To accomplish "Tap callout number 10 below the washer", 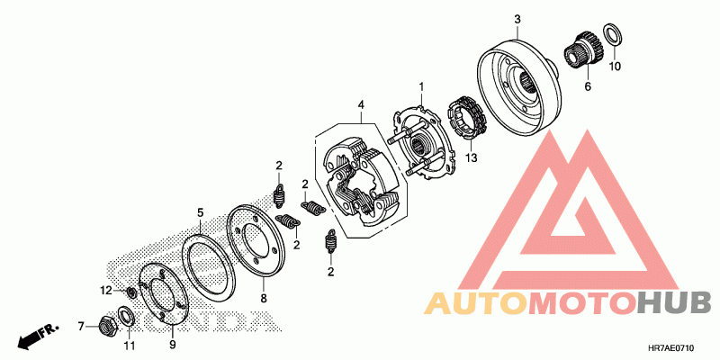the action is click(x=616, y=66).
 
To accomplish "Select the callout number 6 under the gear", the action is click(x=588, y=87).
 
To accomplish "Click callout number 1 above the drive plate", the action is click(x=419, y=86).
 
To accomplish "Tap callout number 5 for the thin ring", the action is click(x=201, y=212).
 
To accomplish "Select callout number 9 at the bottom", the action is click(x=173, y=343).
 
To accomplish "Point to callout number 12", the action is click(x=105, y=290).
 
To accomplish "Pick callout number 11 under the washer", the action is click(x=128, y=346).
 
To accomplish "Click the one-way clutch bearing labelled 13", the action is click(x=468, y=121).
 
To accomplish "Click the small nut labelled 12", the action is click(x=131, y=292).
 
